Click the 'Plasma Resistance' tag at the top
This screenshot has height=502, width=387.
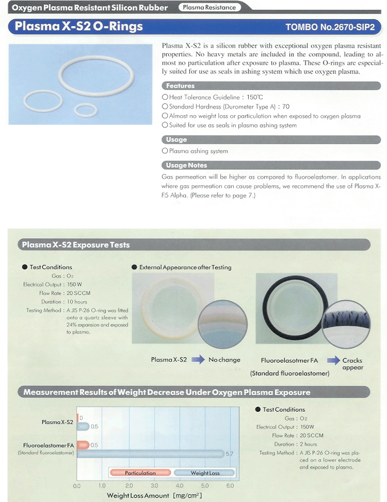click(x=209, y=8)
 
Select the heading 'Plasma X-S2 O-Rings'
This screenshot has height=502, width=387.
click(x=79, y=27)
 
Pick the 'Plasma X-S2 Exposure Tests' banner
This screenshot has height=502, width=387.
click(x=76, y=245)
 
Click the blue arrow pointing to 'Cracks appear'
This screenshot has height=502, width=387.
click(x=333, y=360)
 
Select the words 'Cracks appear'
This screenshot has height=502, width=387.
click(x=352, y=364)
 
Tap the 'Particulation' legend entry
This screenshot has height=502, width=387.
click(x=140, y=472)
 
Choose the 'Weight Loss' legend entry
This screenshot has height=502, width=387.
click(x=204, y=472)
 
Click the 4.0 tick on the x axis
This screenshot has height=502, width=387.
click(x=179, y=485)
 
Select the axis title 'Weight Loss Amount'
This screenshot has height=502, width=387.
click(x=138, y=495)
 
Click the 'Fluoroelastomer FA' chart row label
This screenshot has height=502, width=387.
click(x=49, y=445)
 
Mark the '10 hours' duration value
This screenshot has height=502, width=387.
click(x=77, y=302)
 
